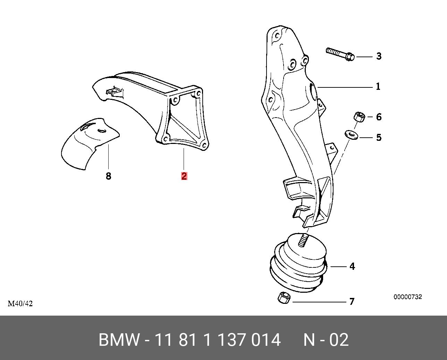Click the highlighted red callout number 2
pos(184,176)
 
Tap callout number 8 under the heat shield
pos(108,176)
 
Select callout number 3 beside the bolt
pos(379,56)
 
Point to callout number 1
pos(378,86)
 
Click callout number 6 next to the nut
pos(379,117)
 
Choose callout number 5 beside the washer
pos(379,137)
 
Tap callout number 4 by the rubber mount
pos(352,266)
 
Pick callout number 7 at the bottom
pos(352,301)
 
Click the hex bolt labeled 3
pos(340,53)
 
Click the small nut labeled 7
pos(284,298)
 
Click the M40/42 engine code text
pos(20,303)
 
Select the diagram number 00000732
pos(407,297)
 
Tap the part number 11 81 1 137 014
pos(217,340)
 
